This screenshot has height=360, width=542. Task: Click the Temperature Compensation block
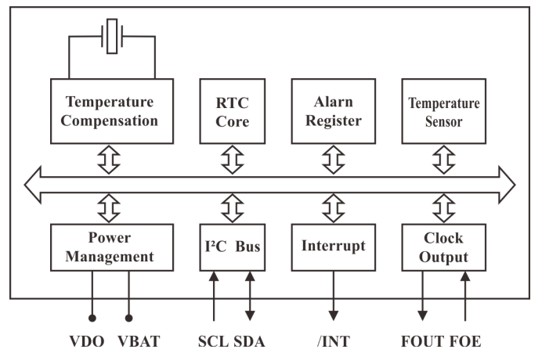pyautogui.click(x=112, y=110)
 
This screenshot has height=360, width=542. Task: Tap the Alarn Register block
pyautogui.click(x=333, y=110)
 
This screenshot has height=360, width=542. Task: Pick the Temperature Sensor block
pyautogui.click(x=443, y=110)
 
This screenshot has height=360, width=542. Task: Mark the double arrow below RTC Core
pyautogui.click(x=232, y=160)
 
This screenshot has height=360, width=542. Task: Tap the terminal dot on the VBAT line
pyautogui.click(x=128, y=318)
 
